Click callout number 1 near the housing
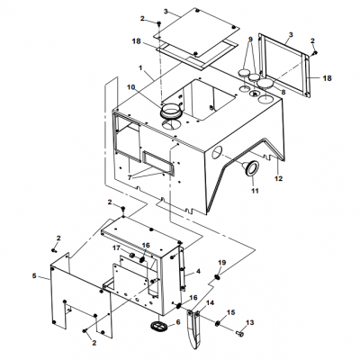pos(140,68)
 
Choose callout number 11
pos(254,192)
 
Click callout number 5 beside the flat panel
pos(36,275)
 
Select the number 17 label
pos(116,248)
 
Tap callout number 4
pos(197,271)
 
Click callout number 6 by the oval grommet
pos(177,321)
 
